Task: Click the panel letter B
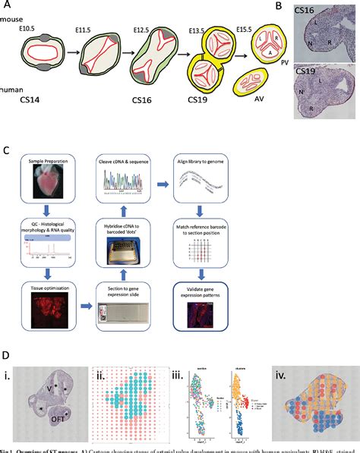click(279, 6)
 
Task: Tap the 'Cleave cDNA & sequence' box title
click(122, 162)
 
